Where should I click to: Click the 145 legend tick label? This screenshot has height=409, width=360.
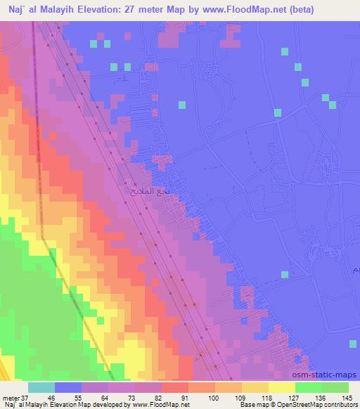[x=349, y=398]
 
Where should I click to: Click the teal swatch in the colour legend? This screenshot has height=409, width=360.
[x=41, y=387]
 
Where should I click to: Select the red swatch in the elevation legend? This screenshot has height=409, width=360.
[x=175, y=387]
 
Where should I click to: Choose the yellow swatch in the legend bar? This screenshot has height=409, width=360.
[x=282, y=387]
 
